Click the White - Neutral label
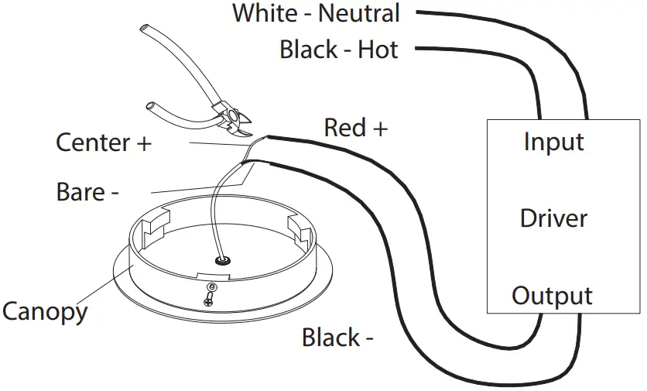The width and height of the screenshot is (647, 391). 316,13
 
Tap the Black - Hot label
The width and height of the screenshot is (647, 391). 338,50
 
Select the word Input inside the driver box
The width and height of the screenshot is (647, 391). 553,142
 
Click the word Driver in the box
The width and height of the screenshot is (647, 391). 553,218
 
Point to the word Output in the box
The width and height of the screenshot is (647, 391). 552,296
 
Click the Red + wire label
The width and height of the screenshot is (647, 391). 355,127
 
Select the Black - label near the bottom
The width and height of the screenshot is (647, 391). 338,338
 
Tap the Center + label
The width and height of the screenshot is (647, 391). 104,142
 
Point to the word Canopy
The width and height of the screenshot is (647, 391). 44,311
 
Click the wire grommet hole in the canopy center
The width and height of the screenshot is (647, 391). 222,262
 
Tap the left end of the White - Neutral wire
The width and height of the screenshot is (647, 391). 418,13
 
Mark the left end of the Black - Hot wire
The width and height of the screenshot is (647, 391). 418,50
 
